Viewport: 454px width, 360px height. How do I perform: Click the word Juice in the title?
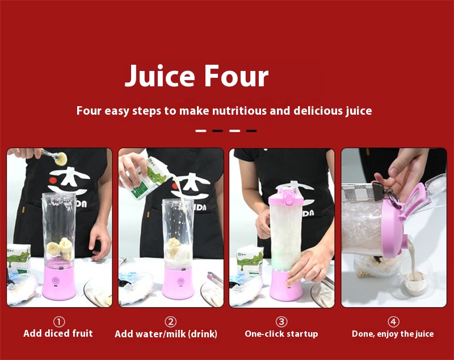point(159,76)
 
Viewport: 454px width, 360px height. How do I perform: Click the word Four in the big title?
point(236,76)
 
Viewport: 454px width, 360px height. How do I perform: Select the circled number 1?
point(59,321)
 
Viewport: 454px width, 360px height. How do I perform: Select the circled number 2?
point(171,321)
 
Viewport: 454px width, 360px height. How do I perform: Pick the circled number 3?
point(281,321)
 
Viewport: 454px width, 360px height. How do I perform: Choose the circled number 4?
point(393,321)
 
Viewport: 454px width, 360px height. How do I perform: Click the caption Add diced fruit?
point(58,333)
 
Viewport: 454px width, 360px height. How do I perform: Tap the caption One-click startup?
point(281,334)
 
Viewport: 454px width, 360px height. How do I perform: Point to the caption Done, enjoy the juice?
point(393,334)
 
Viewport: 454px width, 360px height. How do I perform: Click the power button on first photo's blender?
point(56,281)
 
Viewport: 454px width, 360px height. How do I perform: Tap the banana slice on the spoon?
point(61,159)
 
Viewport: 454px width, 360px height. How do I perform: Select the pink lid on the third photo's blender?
point(285,196)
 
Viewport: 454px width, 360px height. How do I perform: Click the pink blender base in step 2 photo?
point(178,283)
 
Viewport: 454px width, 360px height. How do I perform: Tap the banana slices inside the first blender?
point(60,249)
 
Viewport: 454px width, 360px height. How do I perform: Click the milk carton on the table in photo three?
point(250,260)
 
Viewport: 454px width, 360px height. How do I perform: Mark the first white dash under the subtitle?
point(201,131)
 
